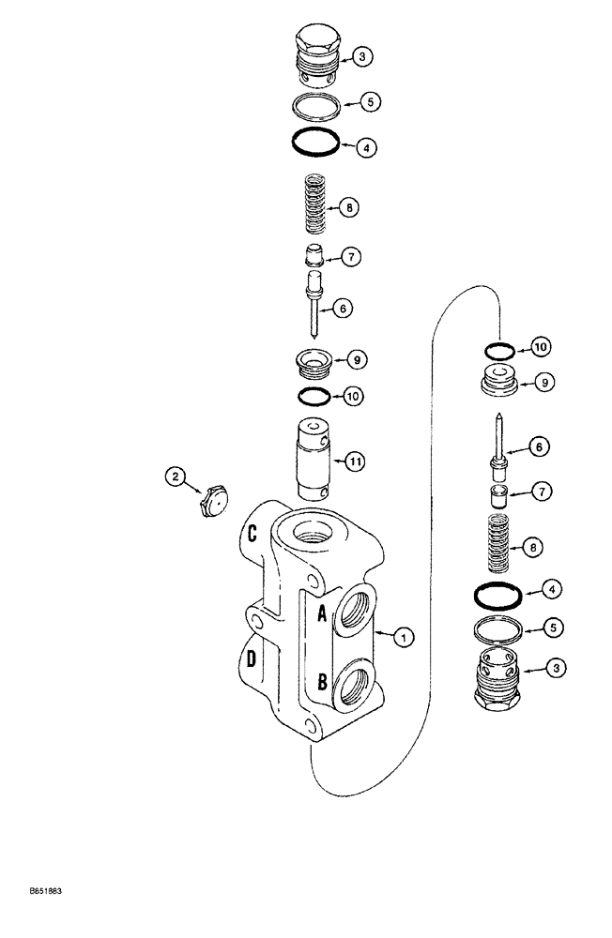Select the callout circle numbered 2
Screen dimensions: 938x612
173,477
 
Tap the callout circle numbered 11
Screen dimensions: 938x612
355,461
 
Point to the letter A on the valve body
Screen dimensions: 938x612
321,613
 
